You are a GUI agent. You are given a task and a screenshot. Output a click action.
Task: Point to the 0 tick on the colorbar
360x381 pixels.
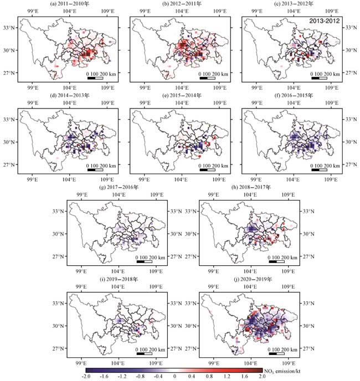coord(174,377)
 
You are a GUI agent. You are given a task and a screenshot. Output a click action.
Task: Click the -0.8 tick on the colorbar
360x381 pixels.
coord(138,377)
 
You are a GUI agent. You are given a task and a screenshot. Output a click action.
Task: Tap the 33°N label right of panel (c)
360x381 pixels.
coord(349,28)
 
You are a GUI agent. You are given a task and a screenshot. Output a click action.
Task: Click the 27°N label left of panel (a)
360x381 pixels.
coord(11,73)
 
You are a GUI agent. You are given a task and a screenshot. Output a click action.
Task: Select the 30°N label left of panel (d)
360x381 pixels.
coord(11,142)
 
